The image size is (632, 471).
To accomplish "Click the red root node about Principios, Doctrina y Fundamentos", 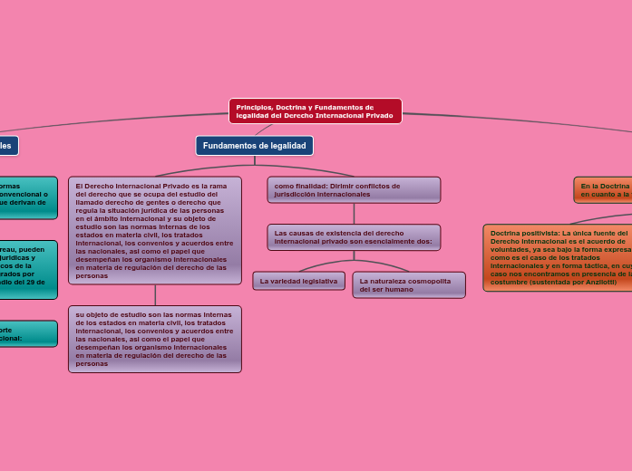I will coord(315,111).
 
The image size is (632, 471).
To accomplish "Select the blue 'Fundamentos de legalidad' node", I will coord(254,146).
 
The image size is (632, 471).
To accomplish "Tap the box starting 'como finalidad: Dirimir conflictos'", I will coord(354,190).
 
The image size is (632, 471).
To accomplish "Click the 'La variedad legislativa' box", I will coord(298,281).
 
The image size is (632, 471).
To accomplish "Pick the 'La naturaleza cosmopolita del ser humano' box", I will coord(408,285).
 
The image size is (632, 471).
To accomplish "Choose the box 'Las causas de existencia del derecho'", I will coord(354,237).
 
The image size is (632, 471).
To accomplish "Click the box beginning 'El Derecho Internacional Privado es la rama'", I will coord(155,230).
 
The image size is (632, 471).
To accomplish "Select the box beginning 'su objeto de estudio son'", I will coord(155,339).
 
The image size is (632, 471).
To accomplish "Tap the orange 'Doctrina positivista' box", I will coord(558,257).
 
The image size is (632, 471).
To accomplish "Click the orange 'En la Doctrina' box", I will coord(603,189).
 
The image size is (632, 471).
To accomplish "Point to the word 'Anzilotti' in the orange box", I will coord(599,283).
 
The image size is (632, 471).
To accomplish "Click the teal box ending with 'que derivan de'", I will coord(27,197).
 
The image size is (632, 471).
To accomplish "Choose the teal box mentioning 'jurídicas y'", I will coord(27,269).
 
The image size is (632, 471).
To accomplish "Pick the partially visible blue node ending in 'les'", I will coord(7,145).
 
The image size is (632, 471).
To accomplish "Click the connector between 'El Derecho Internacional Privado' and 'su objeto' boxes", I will coord(155,295).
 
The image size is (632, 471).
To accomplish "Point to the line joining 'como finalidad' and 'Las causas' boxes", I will coord(354,214).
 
